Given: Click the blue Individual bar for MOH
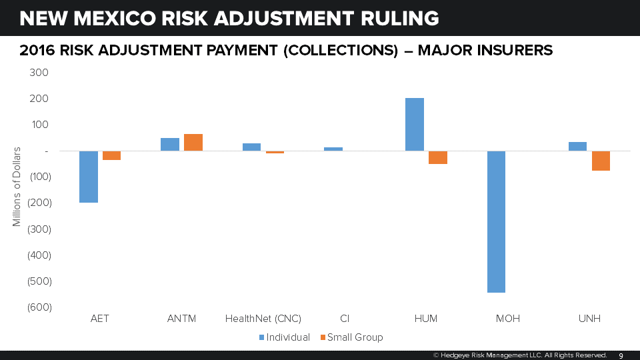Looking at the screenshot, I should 496,221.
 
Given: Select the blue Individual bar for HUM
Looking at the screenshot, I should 415,125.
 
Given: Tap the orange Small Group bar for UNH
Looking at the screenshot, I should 601,161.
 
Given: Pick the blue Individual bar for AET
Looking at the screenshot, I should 89,177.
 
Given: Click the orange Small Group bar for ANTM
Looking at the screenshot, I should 193,143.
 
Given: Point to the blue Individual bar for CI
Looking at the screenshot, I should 333,149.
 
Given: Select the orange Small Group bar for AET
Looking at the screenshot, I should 111,155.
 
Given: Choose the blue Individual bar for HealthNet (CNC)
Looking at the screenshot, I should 251,147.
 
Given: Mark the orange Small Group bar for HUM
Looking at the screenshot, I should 438,157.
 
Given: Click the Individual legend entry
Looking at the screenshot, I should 284,337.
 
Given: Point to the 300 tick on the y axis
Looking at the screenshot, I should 39,73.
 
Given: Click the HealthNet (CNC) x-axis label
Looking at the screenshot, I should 263,319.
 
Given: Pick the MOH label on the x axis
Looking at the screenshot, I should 507,319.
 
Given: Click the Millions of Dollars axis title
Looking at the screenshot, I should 17,186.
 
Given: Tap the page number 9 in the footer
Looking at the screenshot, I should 621,355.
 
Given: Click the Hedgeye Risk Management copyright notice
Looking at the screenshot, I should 519,355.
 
